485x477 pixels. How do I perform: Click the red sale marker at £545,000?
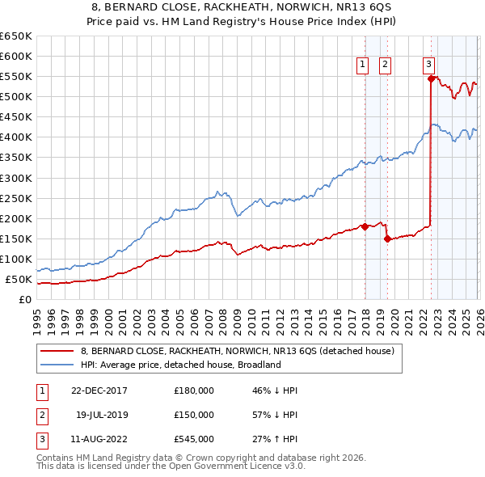[431, 78]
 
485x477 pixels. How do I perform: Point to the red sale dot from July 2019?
[387, 238]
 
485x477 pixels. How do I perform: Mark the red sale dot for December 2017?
[365, 226]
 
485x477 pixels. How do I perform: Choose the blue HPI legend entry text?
[180, 365]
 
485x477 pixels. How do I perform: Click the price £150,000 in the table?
[194, 414]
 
